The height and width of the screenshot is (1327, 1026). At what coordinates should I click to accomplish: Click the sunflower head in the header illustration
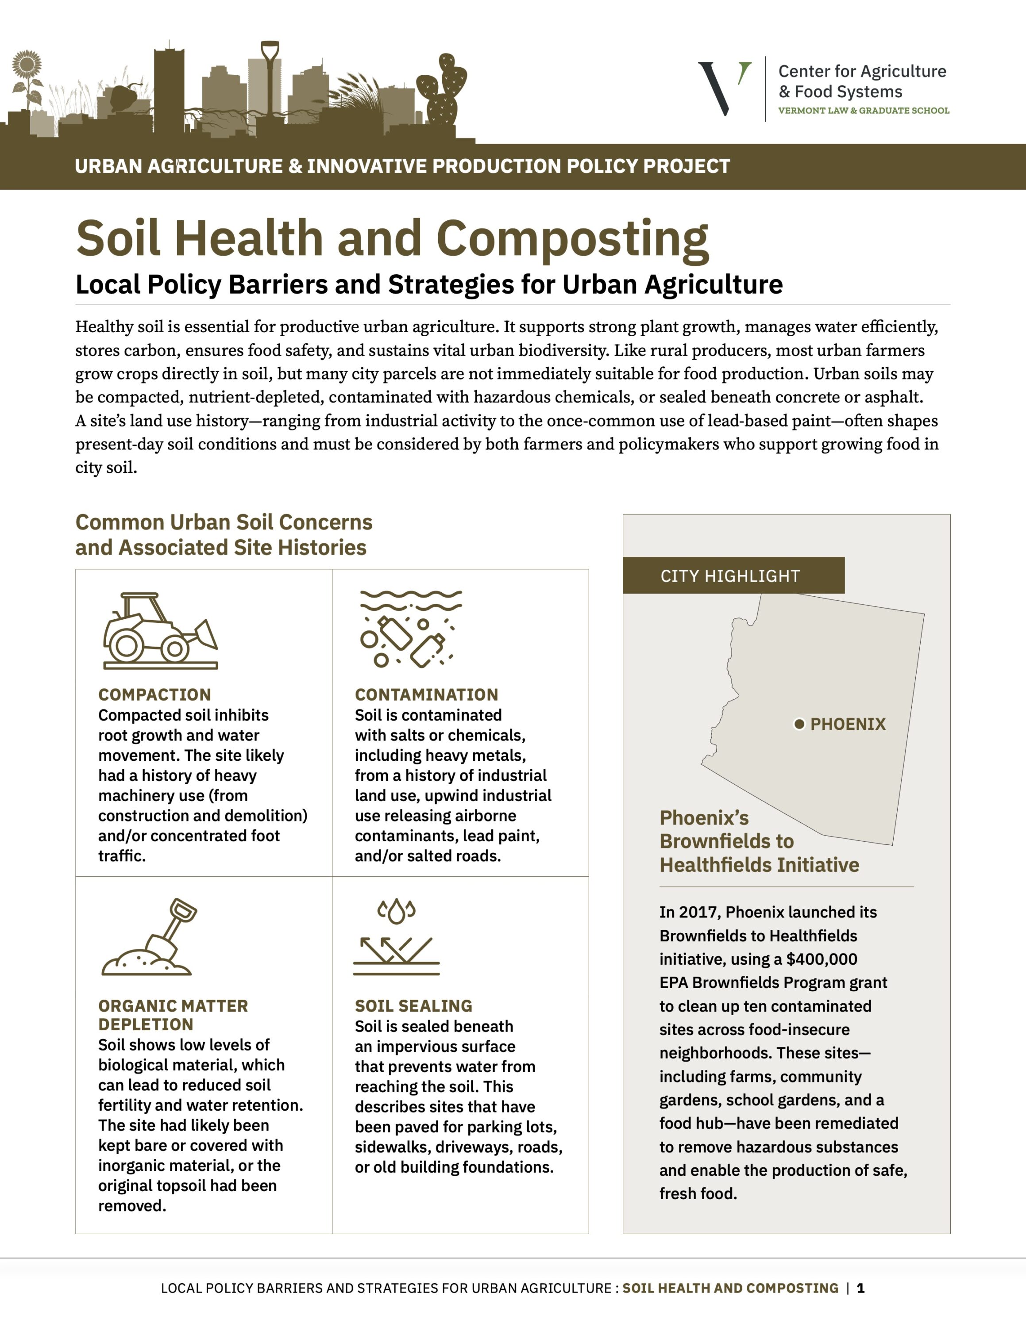click(x=27, y=64)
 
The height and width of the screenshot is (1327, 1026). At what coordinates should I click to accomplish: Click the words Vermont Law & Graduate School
click(x=863, y=111)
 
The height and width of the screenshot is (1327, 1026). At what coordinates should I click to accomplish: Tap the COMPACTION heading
click(x=154, y=694)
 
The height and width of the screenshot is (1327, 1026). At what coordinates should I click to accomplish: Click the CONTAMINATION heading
click(x=426, y=694)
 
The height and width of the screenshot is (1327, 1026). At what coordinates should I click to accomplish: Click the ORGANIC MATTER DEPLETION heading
click(x=173, y=1015)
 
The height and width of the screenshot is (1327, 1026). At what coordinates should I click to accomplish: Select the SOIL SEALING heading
click(x=413, y=1005)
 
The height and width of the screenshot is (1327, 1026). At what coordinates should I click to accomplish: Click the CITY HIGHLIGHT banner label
click(x=730, y=576)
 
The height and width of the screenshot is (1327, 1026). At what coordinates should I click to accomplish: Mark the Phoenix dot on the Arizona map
click(x=799, y=724)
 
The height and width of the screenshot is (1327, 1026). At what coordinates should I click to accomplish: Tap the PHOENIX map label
click(x=848, y=724)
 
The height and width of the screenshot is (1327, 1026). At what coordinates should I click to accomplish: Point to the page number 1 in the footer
click(x=860, y=1288)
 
